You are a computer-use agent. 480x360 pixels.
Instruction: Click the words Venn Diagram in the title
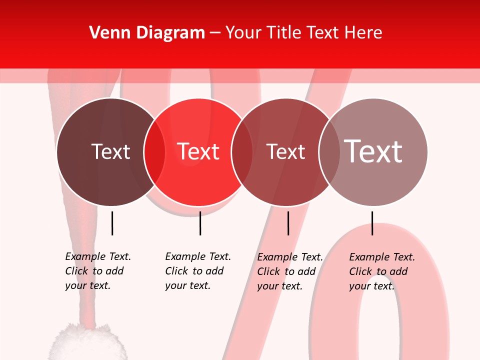point(147,33)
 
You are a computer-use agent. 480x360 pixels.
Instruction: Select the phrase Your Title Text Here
point(303,33)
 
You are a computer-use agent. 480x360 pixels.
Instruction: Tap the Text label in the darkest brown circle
point(110,151)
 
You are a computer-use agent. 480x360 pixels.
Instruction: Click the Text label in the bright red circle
point(198,151)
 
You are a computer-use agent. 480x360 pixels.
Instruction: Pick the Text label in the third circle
point(286,151)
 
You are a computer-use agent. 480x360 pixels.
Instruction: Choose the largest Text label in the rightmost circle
point(373,151)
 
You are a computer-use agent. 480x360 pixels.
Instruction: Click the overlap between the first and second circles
point(154,152)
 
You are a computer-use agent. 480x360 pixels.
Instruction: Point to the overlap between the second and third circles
point(242,152)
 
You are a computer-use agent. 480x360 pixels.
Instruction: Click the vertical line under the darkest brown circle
point(112,223)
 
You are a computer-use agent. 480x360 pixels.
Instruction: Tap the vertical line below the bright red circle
point(200,223)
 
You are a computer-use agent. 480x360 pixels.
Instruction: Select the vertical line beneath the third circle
point(288,223)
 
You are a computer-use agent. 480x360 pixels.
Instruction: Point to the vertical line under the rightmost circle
point(372,223)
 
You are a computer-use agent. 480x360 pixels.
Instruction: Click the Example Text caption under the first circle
point(97,271)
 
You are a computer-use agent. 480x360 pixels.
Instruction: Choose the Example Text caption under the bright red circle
point(197,271)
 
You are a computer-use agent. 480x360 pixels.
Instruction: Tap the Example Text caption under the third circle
point(289,271)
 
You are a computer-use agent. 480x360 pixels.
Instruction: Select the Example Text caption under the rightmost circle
point(381,271)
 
